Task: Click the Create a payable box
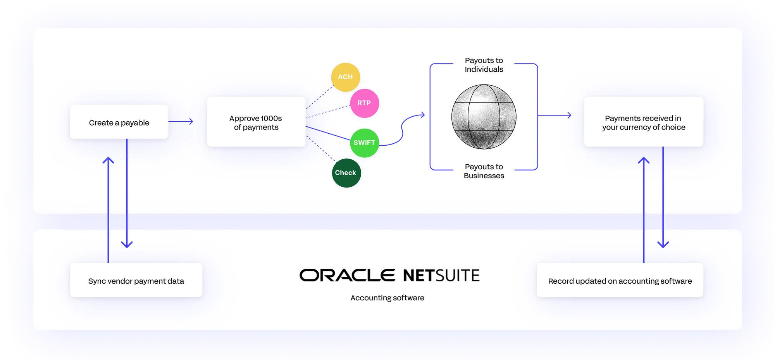119,122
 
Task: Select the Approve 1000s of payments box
256,122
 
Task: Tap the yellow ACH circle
345,77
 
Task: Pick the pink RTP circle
364,103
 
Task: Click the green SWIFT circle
364,143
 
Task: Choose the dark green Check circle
346,173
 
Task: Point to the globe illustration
484,117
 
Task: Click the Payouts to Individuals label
484,65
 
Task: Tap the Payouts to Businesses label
484,171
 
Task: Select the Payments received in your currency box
643,122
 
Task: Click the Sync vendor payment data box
136,281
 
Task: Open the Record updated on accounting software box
620,281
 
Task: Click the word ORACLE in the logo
347,276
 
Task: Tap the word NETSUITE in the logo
441,276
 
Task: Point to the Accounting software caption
387,298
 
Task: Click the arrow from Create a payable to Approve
181,121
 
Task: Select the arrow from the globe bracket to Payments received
555,115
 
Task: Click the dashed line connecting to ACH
319,98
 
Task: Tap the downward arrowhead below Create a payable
127,244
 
